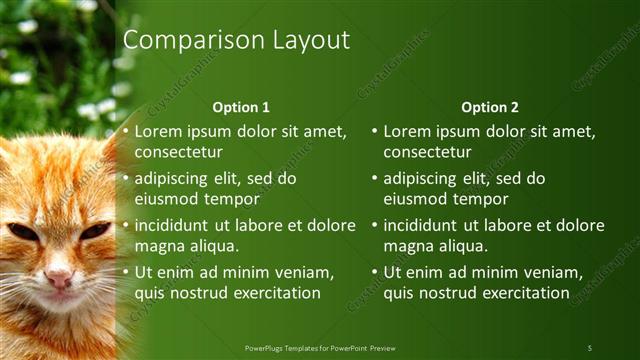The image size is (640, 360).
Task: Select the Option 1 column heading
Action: pyautogui.click(x=241, y=107)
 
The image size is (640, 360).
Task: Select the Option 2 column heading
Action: pyautogui.click(x=489, y=107)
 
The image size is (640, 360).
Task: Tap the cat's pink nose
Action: pyautogui.click(x=58, y=279)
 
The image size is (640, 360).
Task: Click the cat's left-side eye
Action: pyautogui.click(x=22, y=232)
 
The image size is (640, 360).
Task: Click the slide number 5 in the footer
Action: pyautogui.click(x=590, y=347)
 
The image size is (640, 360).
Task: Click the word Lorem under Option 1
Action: pyautogui.click(x=158, y=131)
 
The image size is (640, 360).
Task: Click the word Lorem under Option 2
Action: pyautogui.click(x=406, y=131)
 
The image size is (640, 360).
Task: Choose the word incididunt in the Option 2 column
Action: pyautogui.click(x=424, y=225)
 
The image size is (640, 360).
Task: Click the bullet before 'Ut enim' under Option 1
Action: pyautogui.click(x=125, y=272)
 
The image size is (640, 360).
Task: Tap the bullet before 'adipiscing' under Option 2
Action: pyautogui.click(x=374, y=179)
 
